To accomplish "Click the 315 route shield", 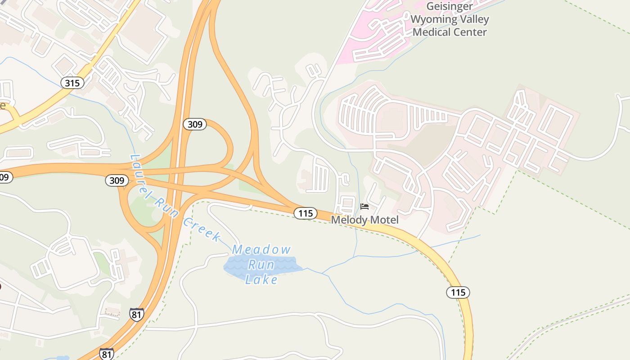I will click(x=72, y=83).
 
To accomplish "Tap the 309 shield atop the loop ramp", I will click(x=194, y=124).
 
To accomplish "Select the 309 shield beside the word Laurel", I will click(x=117, y=181).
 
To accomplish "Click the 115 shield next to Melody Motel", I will click(x=306, y=213).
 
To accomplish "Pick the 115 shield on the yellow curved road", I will click(x=458, y=292).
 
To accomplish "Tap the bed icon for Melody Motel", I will click(x=364, y=207).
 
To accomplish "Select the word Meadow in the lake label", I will click(x=261, y=249).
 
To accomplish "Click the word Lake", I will click(x=261, y=280).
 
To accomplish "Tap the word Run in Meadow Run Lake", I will click(x=261, y=265).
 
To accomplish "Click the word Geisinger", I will click(x=450, y=7).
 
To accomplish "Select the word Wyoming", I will click(x=432, y=19).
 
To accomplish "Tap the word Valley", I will click(x=473, y=19).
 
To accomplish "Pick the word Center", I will click(x=471, y=32).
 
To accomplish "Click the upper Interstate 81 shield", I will click(x=136, y=314).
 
